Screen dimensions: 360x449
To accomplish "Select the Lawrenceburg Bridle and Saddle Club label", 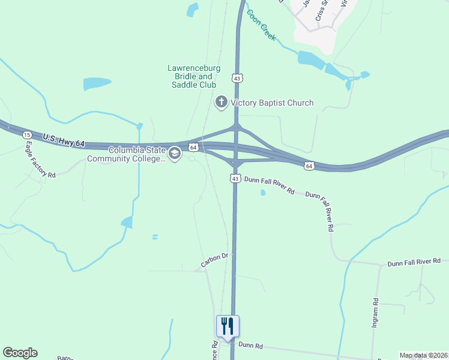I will (x=190, y=76).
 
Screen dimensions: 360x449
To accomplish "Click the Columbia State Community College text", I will (x=126, y=154).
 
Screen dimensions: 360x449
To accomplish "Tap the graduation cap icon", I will (x=175, y=154).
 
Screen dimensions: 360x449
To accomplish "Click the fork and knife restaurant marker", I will (x=228, y=326).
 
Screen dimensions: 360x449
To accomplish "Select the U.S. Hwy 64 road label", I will (x=64, y=142).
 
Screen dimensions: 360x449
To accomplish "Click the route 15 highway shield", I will (x=27, y=135).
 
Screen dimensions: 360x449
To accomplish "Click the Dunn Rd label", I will (x=250, y=346).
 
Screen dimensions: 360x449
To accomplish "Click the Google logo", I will (x=20, y=353).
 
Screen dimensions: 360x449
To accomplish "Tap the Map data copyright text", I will (x=423, y=355).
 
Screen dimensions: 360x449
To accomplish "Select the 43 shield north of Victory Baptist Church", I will (x=238, y=79).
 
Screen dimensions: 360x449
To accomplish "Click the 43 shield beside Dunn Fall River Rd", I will (x=235, y=179).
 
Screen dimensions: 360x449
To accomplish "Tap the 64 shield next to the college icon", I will (x=193, y=147).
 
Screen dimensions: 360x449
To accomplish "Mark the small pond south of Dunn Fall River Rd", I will (x=262, y=193).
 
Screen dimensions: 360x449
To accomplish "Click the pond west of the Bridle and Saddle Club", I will (x=97, y=83).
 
